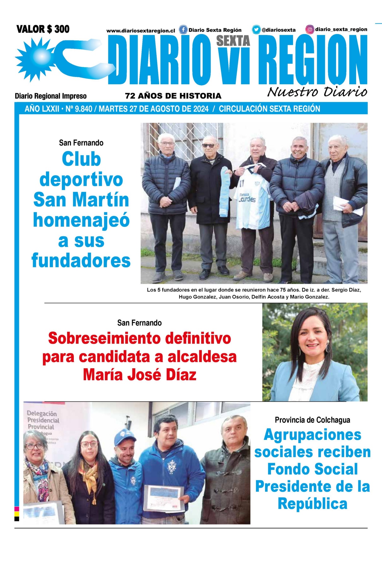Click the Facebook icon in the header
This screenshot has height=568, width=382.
[x=183, y=30]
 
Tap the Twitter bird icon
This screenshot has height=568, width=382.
[x=256, y=30]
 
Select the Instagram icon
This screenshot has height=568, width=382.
[x=310, y=29]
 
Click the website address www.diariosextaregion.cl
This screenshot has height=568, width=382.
[x=141, y=31]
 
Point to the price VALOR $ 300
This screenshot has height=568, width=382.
[x=43, y=29]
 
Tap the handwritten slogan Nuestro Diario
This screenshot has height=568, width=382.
[x=317, y=92]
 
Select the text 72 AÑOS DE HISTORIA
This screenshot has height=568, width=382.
[x=173, y=96]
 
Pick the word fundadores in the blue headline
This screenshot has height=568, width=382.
[x=81, y=261]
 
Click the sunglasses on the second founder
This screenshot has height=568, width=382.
[x=208, y=145]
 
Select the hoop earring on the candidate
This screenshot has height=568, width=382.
[x=328, y=347]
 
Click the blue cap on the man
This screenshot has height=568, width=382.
[x=125, y=437]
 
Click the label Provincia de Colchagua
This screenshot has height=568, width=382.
[x=312, y=420]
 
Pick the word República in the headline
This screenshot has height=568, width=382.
[x=312, y=504]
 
